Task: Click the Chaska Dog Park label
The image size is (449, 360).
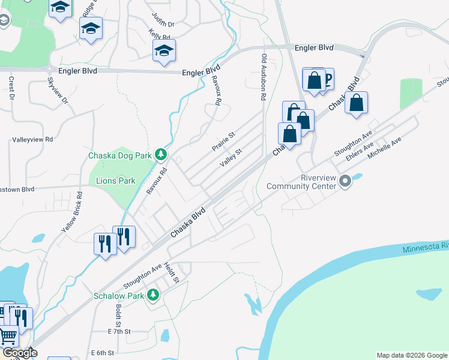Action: pos(119,155)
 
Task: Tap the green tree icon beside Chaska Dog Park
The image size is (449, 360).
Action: pos(160,155)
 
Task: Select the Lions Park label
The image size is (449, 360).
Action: pos(112,181)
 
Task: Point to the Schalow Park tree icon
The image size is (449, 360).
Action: pos(153,295)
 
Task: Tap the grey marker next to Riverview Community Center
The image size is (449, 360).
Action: pos(345,181)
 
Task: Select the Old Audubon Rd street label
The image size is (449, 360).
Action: pos(263,75)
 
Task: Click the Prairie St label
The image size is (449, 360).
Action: pos(223,142)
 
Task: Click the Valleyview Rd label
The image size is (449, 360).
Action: pos(33,139)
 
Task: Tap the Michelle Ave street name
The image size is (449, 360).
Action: pos(384,148)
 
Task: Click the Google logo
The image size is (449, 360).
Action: pos(19,353)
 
